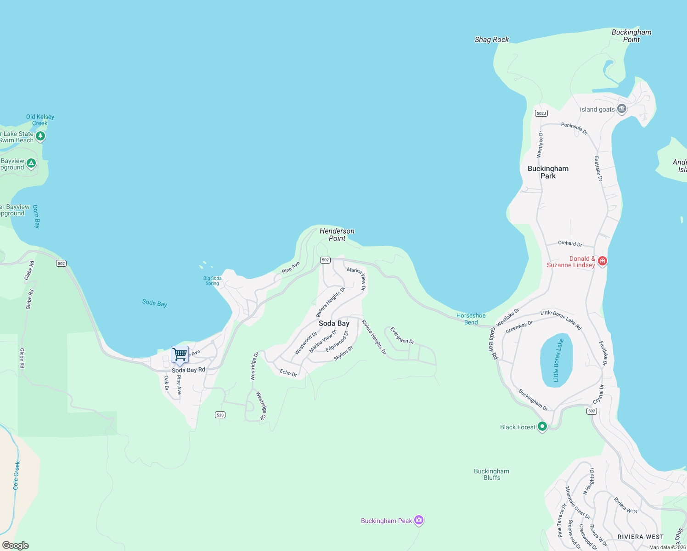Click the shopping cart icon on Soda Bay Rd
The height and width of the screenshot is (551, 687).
(x=180, y=354)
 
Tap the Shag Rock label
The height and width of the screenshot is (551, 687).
(x=491, y=39)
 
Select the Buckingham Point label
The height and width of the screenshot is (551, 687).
(x=631, y=36)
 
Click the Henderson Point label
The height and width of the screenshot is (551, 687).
(x=337, y=235)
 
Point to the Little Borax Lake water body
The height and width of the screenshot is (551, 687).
(x=556, y=360)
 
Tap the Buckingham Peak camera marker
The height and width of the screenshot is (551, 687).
(x=418, y=520)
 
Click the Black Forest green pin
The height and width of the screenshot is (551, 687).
(x=542, y=427)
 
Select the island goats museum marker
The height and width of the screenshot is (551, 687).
(x=622, y=109)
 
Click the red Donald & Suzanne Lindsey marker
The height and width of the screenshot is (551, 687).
(x=603, y=261)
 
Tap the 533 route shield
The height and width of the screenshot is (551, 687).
(x=220, y=415)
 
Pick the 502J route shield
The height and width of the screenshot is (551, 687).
(x=541, y=113)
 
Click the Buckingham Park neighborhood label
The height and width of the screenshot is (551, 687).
(x=548, y=172)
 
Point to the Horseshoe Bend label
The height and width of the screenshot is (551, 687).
(x=471, y=319)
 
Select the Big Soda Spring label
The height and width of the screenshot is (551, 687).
(x=212, y=281)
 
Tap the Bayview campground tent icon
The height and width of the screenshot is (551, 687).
(x=31, y=163)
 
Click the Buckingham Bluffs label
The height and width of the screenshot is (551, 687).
(x=491, y=474)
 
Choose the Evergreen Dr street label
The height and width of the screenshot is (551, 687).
(x=402, y=335)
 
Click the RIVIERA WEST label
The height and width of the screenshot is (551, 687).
(x=640, y=537)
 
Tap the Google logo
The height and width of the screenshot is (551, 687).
(x=16, y=545)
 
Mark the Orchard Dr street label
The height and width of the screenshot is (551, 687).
(x=570, y=243)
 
